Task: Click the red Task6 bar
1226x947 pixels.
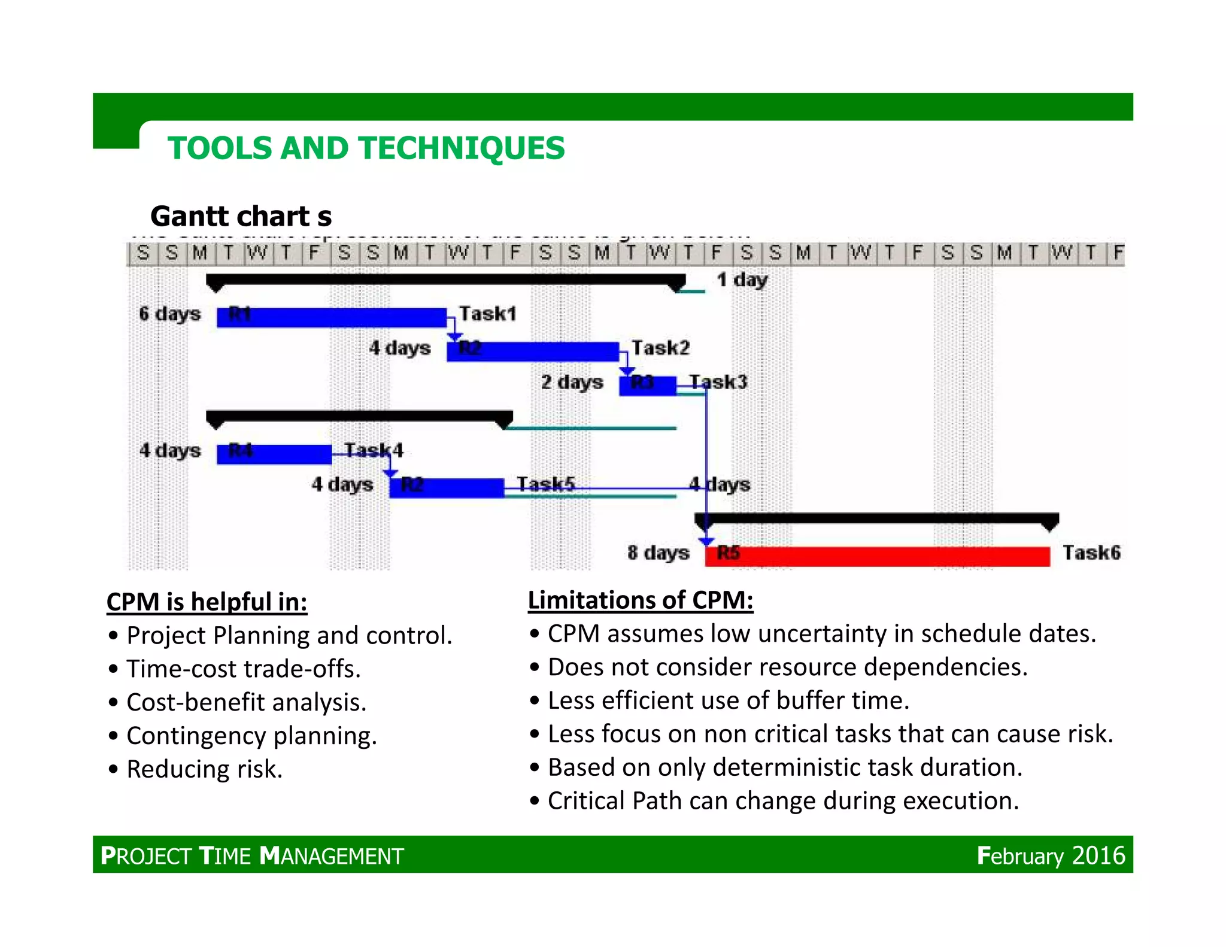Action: coord(877,556)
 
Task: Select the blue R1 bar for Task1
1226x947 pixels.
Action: coord(331,317)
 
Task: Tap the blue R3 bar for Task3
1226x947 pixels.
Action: coord(647,385)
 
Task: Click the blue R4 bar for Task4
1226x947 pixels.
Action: coord(274,454)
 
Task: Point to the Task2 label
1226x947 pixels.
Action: coord(660,347)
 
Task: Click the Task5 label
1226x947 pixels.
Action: coord(545,484)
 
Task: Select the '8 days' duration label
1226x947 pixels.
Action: coord(658,553)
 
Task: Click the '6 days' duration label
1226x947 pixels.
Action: coord(169,314)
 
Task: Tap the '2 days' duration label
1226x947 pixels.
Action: coord(572,382)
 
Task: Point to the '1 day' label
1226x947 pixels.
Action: coord(742,280)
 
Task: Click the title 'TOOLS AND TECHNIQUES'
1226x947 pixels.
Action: coord(366,148)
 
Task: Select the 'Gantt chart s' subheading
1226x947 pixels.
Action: coord(241,216)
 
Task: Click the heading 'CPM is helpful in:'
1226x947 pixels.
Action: coord(207,602)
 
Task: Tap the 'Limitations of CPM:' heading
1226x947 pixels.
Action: coord(640,600)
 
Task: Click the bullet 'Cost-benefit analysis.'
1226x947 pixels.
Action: coord(246,702)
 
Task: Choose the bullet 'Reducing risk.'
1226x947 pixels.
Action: coord(204,769)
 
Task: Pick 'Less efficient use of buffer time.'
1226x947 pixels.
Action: coord(728,700)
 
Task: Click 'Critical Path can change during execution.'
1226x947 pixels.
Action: coord(782,801)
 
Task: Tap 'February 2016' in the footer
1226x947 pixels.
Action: coord(1051,855)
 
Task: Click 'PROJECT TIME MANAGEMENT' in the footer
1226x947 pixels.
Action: coord(252,855)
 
